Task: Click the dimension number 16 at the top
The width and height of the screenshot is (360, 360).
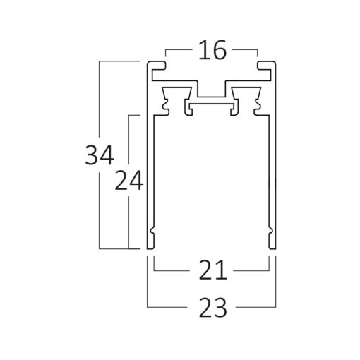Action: pos(212,51)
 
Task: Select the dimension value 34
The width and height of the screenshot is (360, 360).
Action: pos(100,155)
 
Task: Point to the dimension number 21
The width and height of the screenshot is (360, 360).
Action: pos(211,270)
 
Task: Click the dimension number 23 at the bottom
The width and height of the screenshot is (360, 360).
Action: pos(211,308)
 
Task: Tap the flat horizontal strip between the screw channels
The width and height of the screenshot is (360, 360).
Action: pos(211,107)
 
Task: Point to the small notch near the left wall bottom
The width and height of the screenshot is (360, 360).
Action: pos(151,232)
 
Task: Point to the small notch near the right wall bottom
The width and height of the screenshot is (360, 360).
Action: pos(271,232)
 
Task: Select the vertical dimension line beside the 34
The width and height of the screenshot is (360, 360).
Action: pos(100,106)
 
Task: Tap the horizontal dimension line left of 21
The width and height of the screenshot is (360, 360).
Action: pos(173,270)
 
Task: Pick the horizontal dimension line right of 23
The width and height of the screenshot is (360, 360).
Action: pos(254,308)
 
